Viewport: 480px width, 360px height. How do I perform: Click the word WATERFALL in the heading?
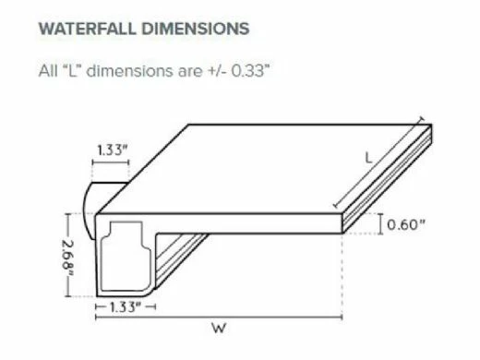pos(88,29)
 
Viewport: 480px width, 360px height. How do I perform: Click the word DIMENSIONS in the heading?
pos(196,29)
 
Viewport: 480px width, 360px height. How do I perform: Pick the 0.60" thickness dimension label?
pos(406,225)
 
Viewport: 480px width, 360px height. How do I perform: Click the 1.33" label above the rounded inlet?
pos(112,150)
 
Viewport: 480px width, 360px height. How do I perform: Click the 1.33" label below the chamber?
pos(126,306)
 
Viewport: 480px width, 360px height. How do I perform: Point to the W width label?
pos(219,329)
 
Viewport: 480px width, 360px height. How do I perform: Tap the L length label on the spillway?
pos(368,158)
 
